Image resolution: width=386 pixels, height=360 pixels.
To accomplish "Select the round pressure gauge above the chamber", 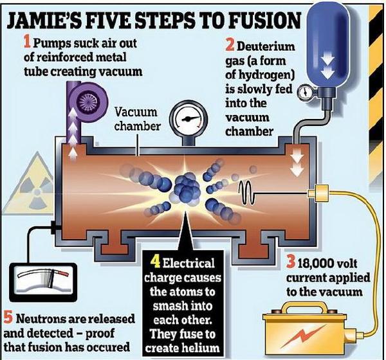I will [x=188, y=120].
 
